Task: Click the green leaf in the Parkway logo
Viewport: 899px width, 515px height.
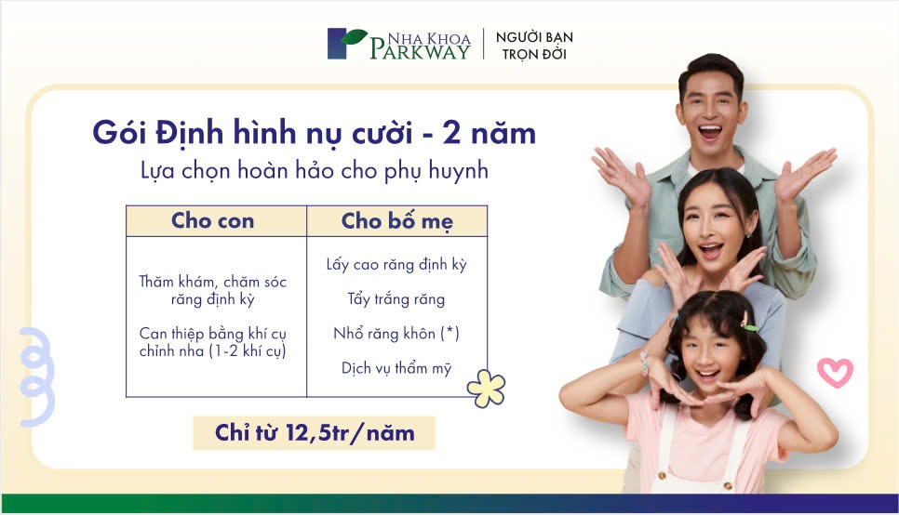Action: point(354,36)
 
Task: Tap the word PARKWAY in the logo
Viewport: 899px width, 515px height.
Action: point(420,51)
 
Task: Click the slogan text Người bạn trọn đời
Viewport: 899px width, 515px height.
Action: point(534,46)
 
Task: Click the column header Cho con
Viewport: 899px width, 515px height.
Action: point(213,220)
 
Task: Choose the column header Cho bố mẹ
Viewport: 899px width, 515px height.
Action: point(396,221)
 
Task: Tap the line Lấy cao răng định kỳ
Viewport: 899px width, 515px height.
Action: point(396,264)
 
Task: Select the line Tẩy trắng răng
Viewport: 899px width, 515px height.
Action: point(396,298)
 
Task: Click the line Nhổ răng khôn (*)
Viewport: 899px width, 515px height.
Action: point(396,333)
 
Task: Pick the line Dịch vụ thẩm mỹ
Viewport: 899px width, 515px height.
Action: point(396,368)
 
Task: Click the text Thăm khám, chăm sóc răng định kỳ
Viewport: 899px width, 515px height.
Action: point(213,290)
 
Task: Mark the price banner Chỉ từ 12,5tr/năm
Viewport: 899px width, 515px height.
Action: point(315,433)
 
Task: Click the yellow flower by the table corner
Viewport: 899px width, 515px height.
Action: point(486,388)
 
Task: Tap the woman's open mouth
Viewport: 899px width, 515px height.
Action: point(711,250)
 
